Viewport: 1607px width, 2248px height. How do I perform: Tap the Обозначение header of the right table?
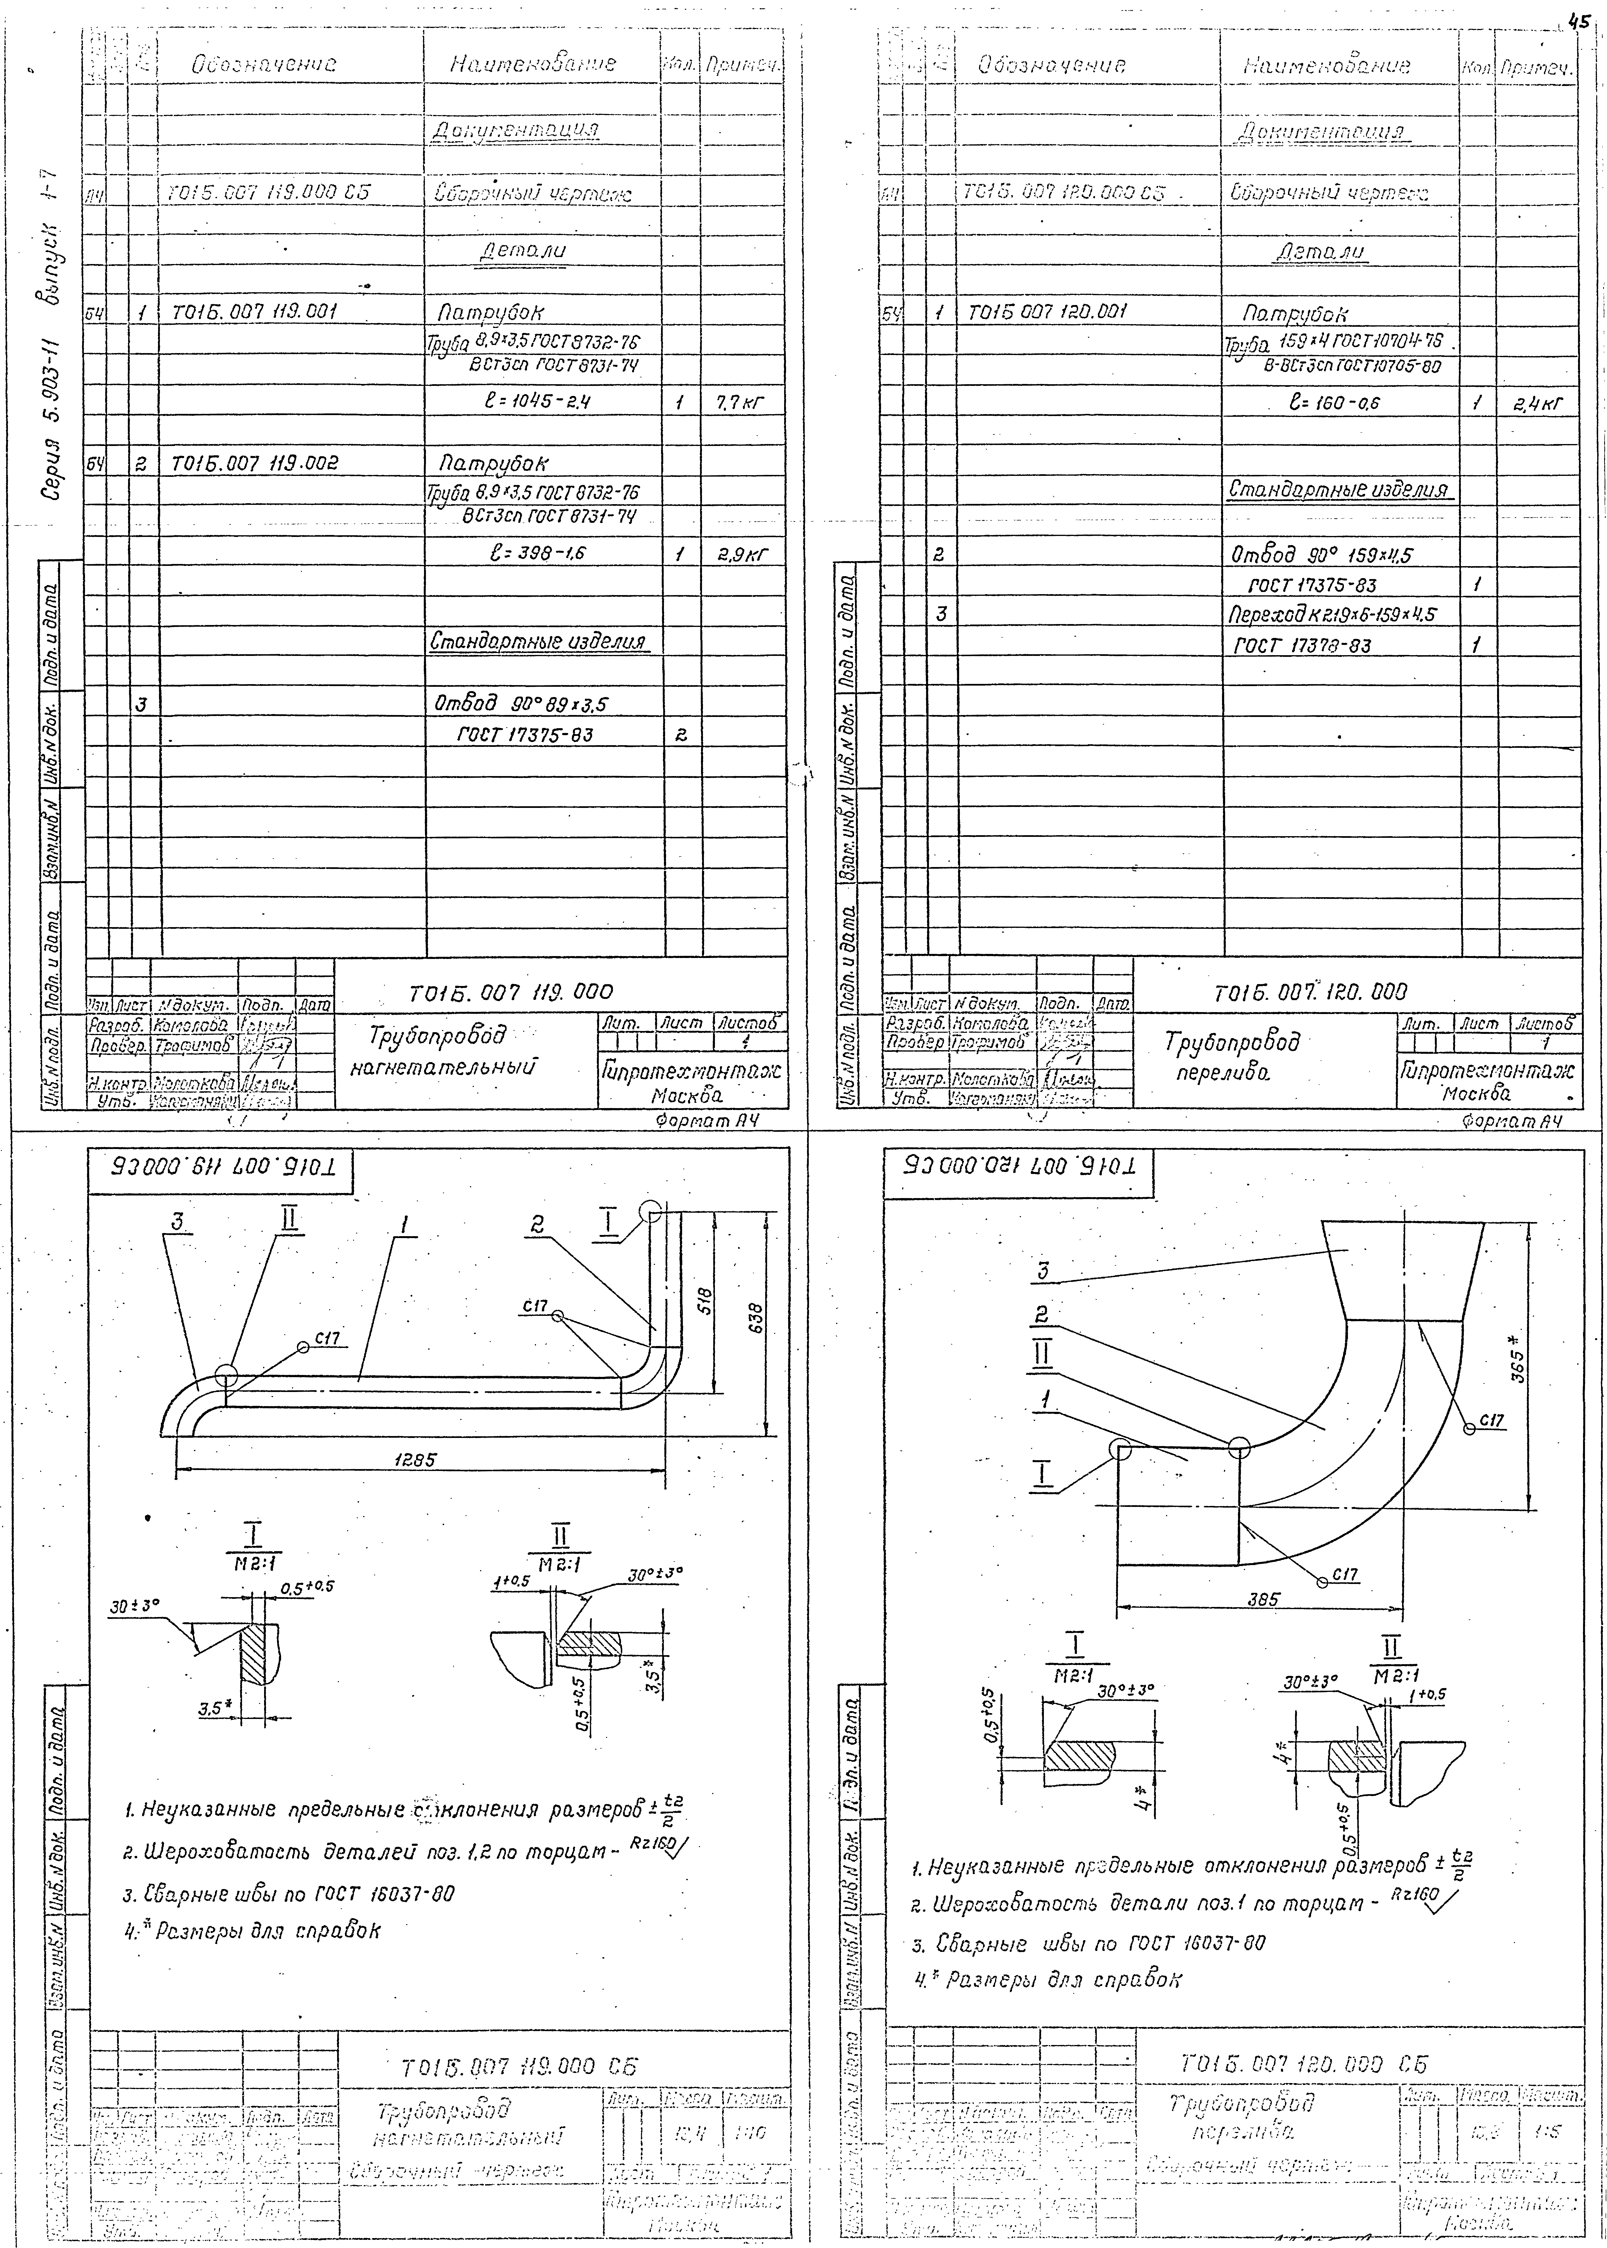click(x=1051, y=65)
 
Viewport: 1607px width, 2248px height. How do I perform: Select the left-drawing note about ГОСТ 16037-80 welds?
click(x=289, y=1894)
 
